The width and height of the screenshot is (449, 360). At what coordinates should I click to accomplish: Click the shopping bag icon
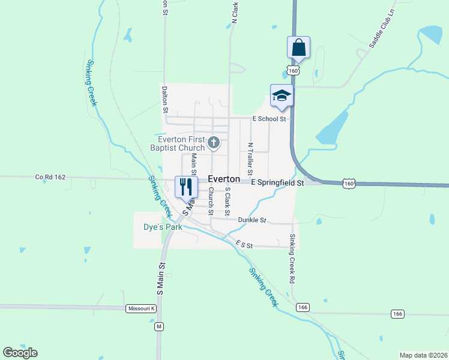pos(298,47)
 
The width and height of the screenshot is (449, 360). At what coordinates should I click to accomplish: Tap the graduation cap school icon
pos(281,96)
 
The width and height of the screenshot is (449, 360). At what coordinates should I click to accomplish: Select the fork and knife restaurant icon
pos(185,186)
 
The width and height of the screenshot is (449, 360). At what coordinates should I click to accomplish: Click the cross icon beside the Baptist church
pos(214,143)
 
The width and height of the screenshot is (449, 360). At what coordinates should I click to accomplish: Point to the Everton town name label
pos(224,179)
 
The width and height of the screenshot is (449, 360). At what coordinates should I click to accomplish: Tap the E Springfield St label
pos(277,182)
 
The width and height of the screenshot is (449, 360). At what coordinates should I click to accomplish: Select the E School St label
pos(269,119)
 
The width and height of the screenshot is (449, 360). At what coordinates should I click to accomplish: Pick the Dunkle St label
pos(252,220)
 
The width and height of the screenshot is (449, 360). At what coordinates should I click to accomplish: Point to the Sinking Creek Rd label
pos(292,259)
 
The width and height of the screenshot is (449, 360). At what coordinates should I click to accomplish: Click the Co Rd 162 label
pos(50,177)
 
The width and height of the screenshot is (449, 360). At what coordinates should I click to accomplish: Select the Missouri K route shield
pos(141,308)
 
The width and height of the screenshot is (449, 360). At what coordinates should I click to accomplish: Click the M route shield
pos(158,326)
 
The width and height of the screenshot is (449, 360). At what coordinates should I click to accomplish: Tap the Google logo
pos(20,353)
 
